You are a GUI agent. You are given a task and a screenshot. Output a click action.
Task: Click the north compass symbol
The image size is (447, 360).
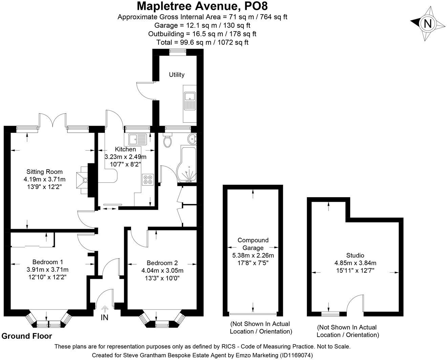click(428, 24)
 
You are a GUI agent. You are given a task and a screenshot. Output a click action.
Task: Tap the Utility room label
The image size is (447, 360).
click(177, 74)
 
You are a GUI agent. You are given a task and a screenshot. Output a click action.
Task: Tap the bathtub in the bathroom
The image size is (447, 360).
click(187, 165)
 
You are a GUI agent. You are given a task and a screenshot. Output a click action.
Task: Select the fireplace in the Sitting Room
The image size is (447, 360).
click(83, 180)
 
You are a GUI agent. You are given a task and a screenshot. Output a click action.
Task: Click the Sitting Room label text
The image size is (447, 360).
click(45, 172)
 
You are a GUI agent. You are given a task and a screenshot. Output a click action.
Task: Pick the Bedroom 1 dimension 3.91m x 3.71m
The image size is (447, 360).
click(47, 270)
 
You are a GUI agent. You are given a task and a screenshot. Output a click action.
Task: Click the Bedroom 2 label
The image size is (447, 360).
click(162, 263)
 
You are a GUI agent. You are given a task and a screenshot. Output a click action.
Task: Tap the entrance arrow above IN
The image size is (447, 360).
click(105, 309)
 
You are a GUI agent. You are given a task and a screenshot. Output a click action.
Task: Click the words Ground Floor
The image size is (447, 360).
click(27, 336)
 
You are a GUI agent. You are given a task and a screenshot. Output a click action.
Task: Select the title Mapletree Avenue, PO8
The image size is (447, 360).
click(203, 6)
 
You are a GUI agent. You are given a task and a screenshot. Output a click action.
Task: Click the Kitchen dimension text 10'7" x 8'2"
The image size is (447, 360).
click(126, 164)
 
